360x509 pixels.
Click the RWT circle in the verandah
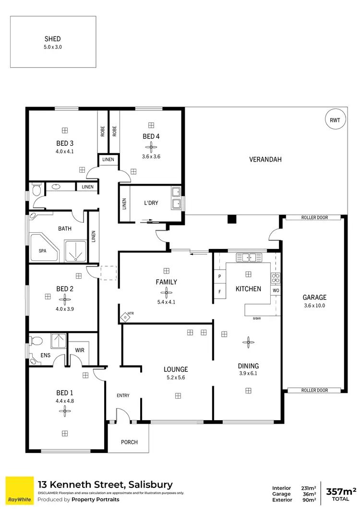point(335,120)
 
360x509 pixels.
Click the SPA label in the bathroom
point(42,250)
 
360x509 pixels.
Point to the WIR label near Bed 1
point(80,350)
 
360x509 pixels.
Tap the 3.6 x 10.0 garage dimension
point(314,305)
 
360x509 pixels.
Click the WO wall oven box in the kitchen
point(276,291)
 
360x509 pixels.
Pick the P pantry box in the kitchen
point(219,277)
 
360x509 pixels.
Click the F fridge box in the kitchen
point(219,291)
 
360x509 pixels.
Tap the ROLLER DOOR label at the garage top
point(314,217)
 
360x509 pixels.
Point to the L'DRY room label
point(151,203)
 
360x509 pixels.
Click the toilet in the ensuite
point(35,341)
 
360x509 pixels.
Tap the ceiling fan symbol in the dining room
point(248,342)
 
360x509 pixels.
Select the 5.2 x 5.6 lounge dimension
point(176,377)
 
